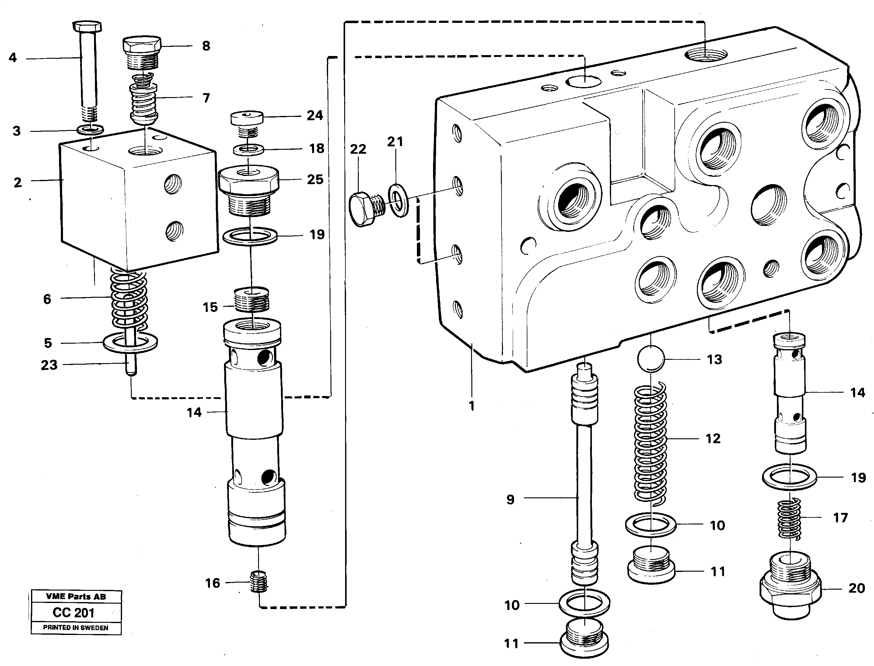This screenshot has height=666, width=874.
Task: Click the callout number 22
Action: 358,149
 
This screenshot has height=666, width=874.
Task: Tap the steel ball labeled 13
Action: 650,359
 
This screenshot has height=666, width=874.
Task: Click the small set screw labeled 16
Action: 260,582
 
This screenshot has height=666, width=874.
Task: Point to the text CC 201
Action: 74,612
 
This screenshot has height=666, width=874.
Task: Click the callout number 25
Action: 315,179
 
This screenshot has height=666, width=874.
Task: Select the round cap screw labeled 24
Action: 247,118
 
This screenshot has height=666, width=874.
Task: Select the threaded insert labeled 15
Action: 252,300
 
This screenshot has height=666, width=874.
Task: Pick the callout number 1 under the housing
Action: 471,406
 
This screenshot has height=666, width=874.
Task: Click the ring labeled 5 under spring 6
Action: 130,342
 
